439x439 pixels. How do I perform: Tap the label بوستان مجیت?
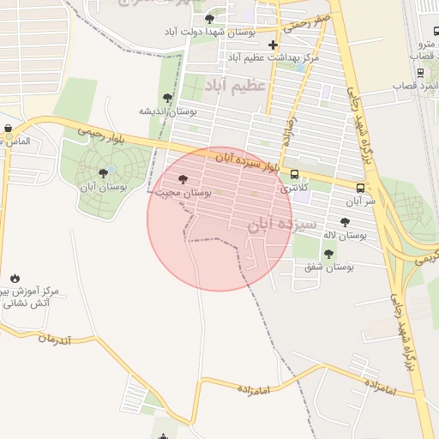(x=183, y=193)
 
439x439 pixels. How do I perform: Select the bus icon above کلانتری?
(x=294, y=173)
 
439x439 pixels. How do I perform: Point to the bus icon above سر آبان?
(x=360, y=188)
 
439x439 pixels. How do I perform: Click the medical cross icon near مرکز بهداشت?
(x=273, y=45)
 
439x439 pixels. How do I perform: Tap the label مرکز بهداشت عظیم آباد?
(x=274, y=57)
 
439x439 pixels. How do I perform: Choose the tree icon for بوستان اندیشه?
(x=167, y=98)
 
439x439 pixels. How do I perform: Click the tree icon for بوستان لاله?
(x=345, y=222)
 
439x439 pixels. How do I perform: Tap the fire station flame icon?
(x=15, y=278)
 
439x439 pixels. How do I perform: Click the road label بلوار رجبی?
(x=101, y=134)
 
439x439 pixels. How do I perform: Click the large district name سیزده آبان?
(x=271, y=225)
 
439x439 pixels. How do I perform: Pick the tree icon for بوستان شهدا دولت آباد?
(x=209, y=18)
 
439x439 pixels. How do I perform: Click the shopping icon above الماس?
(x=8, y=129)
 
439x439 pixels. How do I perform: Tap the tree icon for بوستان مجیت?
(x=183, y=179)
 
